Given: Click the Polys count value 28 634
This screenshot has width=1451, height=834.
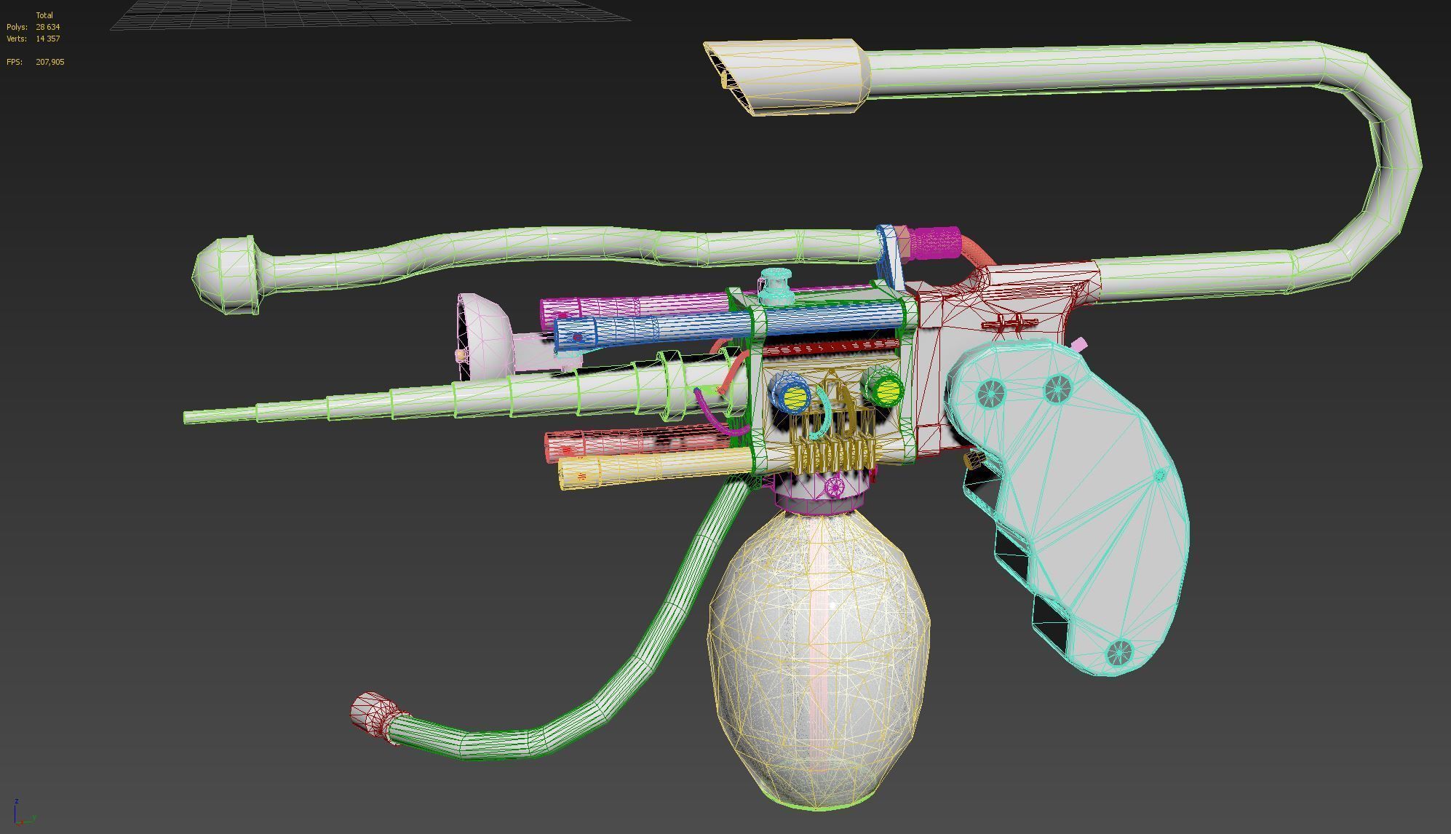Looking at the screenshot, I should coord(47,27).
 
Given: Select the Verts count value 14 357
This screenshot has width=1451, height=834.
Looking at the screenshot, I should coord(47,39).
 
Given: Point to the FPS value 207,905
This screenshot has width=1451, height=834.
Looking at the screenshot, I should coord(49,62).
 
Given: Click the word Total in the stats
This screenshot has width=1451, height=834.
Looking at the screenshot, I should coord(44,15).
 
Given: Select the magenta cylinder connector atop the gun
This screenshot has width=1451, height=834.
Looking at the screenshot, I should coord(935,242).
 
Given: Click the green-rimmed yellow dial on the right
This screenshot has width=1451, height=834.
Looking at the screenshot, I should coord(886,391).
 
